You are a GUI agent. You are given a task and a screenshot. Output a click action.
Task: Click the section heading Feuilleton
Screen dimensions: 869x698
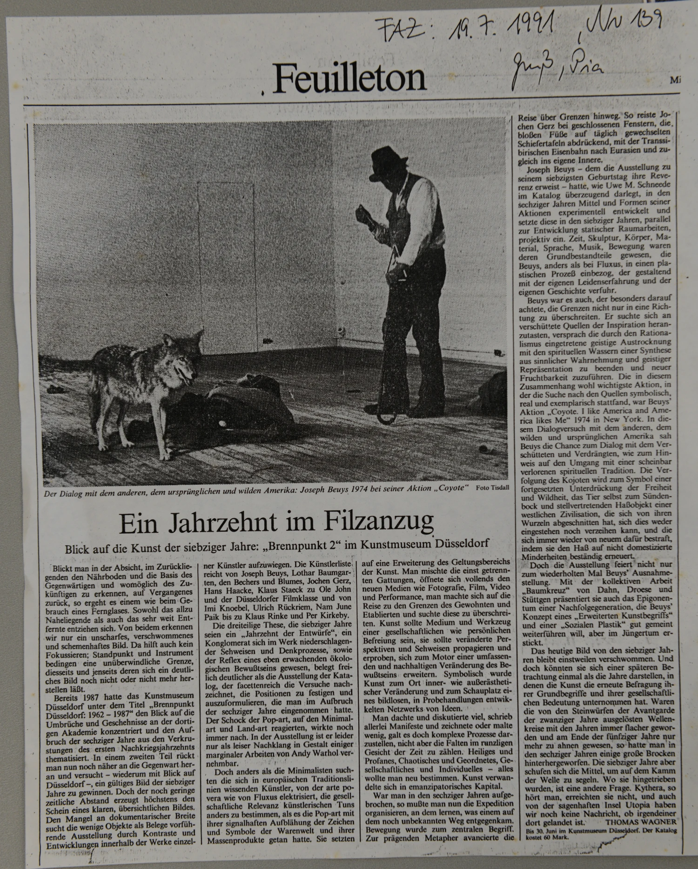click(x=349, y=77)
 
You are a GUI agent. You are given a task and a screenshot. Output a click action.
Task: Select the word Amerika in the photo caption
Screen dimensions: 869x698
click(x=268, y=489)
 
